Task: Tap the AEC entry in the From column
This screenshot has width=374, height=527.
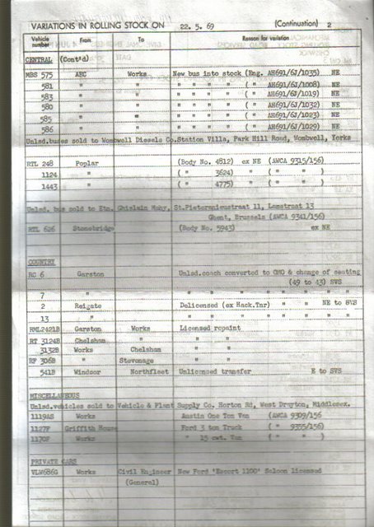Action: coord(81,72)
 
